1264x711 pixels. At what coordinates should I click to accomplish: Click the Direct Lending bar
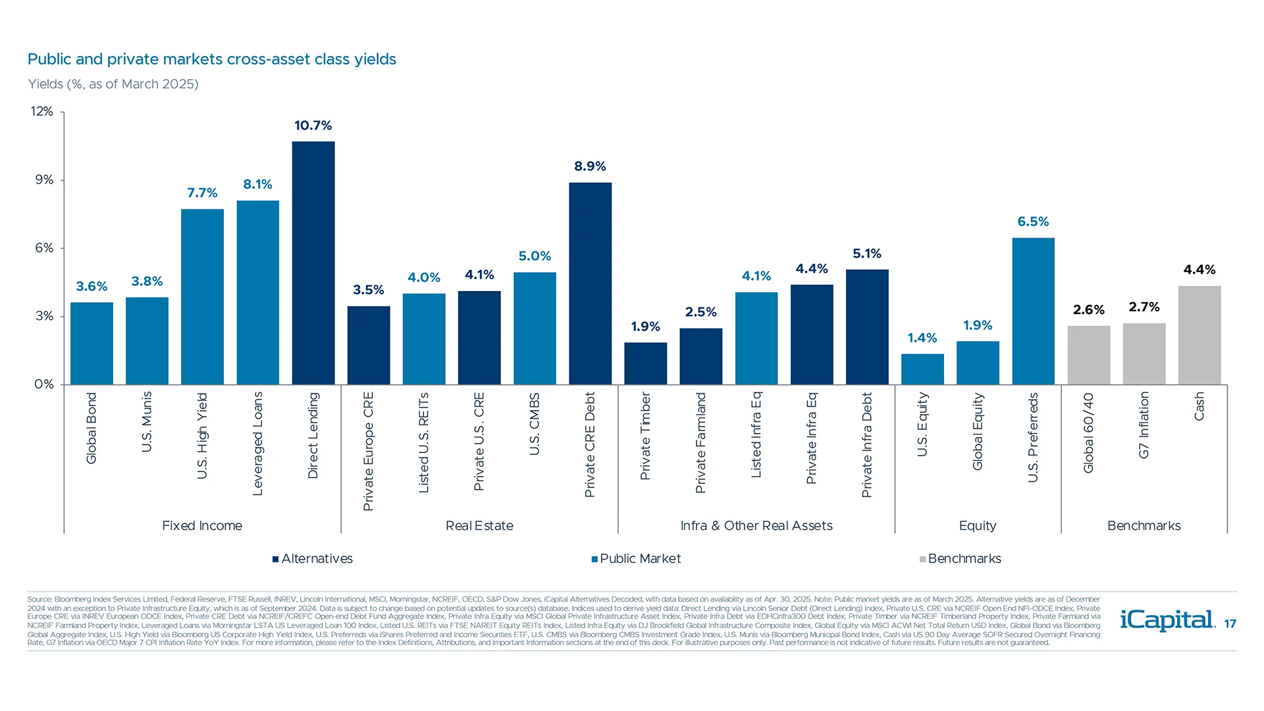313,263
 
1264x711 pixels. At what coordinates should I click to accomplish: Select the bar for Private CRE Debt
590,283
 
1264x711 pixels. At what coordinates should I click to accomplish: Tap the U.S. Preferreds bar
1033,311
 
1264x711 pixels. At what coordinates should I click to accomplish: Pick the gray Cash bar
1199,335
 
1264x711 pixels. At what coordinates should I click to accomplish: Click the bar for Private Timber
645,363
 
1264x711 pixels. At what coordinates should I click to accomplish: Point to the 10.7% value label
313,126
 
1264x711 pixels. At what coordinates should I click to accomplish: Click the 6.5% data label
1033,222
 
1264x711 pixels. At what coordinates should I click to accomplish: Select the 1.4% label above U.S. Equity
922,338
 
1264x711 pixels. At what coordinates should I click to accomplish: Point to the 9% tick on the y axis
44,180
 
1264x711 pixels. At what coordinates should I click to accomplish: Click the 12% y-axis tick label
42,112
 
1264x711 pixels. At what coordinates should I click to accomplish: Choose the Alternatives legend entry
313,559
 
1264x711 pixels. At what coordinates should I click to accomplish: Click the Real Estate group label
479,526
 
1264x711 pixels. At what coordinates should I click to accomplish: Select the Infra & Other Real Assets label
756,526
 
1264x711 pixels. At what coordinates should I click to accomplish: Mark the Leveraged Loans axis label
257,443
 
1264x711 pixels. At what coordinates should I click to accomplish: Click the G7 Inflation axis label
1144,425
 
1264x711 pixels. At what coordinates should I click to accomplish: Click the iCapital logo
1167,620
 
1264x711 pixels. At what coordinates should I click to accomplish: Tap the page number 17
1230,624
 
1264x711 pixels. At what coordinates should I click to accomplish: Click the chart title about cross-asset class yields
211,60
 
